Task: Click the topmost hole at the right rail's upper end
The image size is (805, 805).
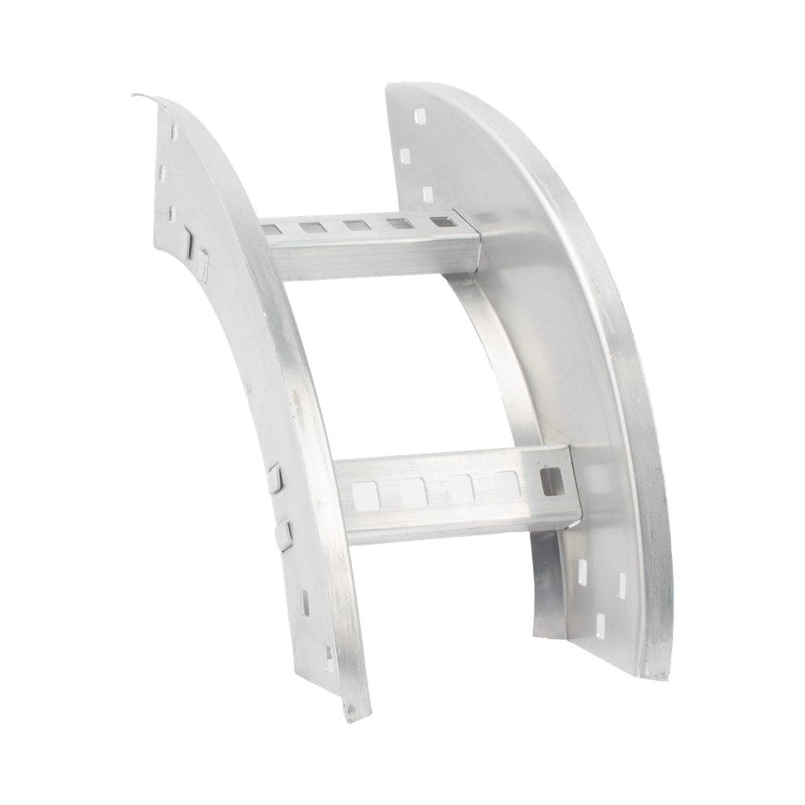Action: pyautogui.click(x=417, y=117)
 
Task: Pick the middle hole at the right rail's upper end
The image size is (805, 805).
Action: pyautogui.click(x=406, y=155)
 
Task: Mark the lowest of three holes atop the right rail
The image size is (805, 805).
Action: pyautogui.click(x=428, y=193)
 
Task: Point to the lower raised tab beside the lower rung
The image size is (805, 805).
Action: pyautogui.click(x=287, y=535)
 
